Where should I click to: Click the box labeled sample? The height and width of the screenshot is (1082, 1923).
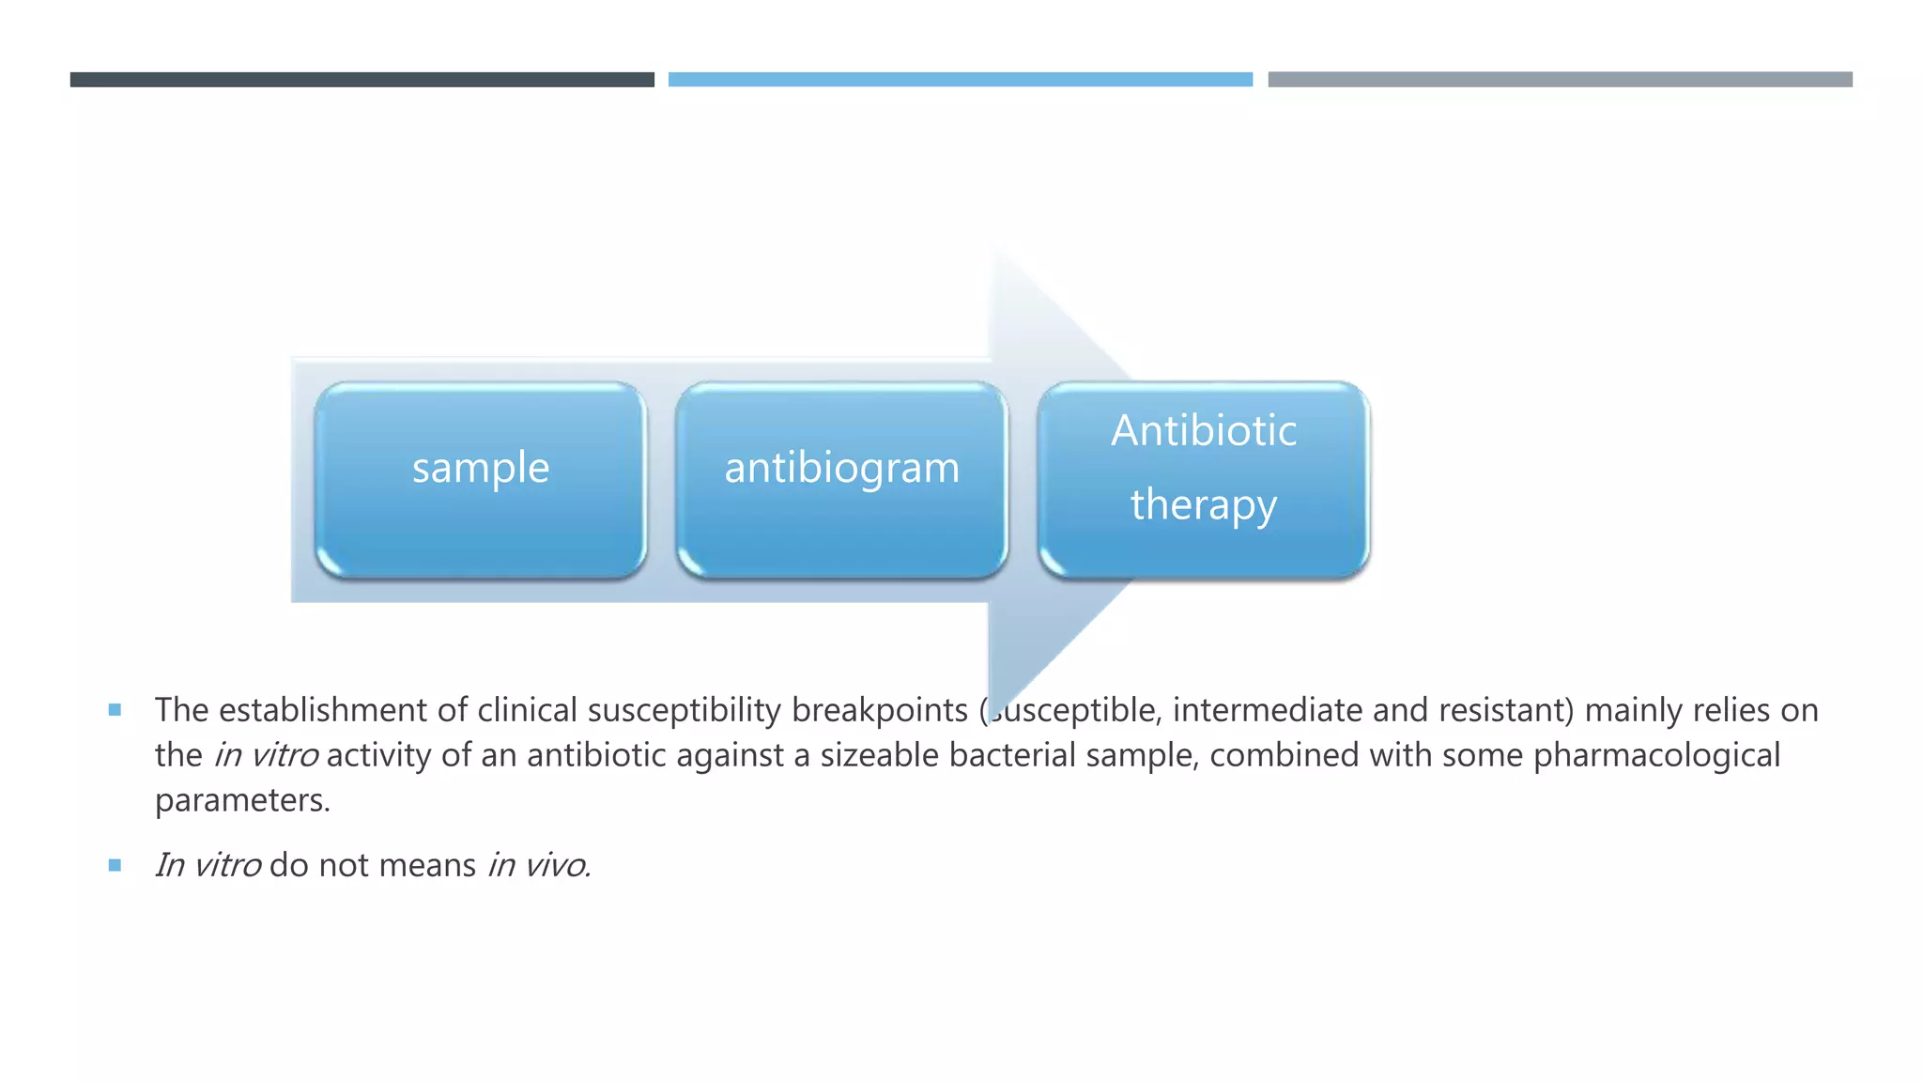(480, 479)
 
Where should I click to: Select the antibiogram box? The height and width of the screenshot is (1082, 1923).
(841, 479)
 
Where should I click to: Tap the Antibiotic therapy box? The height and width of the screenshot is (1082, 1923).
(1203, 479)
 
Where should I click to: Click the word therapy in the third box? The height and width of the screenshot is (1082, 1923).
(1203, 505)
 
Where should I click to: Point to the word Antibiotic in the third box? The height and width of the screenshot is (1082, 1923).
(1203, 431)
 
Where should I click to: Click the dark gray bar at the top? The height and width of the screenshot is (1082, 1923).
(362, 80)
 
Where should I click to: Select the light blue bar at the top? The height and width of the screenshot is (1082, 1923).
(960, 80)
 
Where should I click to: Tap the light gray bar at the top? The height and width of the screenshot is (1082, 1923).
(1560, 80)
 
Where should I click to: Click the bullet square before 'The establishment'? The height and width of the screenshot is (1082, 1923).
(115, 710)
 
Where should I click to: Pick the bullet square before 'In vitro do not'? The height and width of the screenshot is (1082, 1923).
(115, 865)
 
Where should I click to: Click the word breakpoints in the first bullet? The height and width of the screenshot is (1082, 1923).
(879, 711)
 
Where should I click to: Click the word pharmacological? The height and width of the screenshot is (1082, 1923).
(1656, 756)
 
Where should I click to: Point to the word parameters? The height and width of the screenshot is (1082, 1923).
(241, 801)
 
